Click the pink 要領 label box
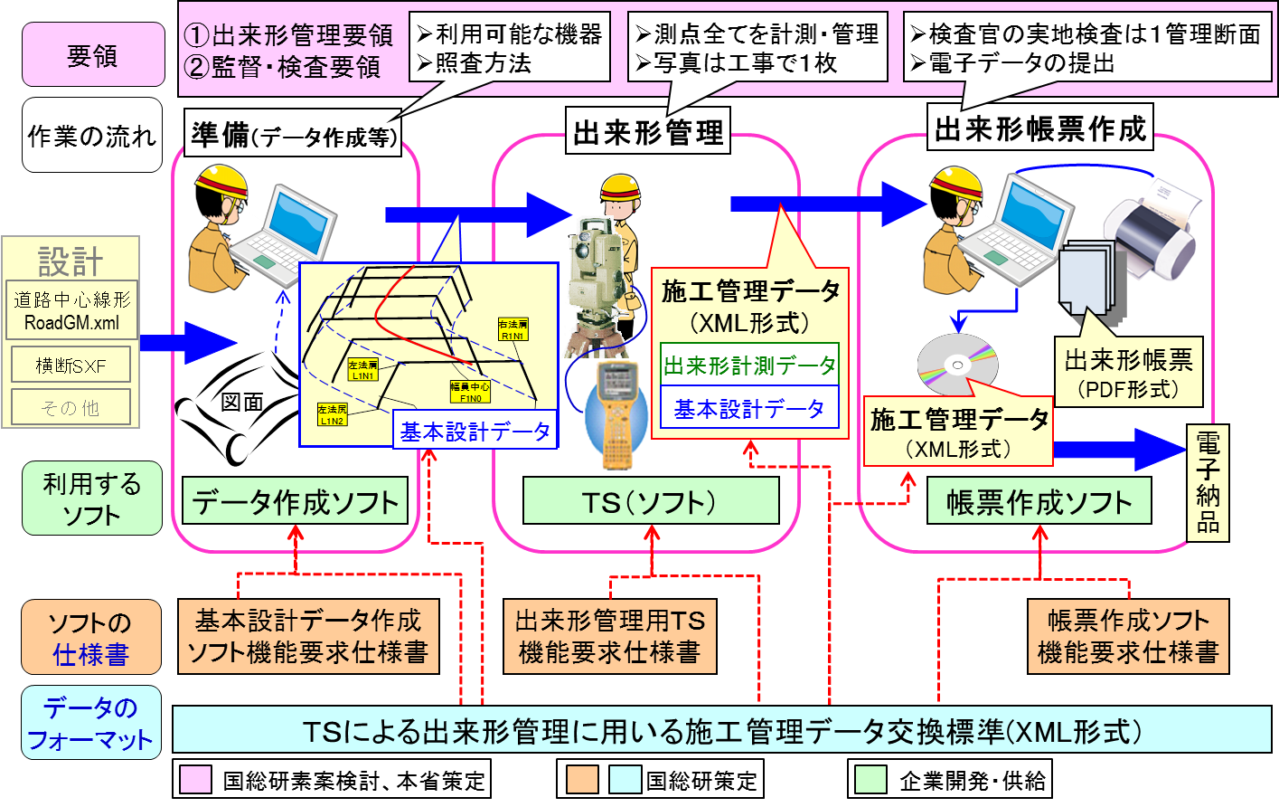(93, 55)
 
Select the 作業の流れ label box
(92, 136)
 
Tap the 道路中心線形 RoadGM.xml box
(71, 310)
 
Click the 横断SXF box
(71, 366)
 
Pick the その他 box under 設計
(71, 407)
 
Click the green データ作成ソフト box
(295, 501)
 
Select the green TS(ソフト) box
(650, 501)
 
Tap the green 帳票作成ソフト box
(1039, 501)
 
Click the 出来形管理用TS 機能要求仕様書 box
(609, 636)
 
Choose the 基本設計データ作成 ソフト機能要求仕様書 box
(308, 636)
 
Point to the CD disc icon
(957, 365)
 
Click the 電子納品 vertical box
(1208, 483)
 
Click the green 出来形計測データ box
(749, 366)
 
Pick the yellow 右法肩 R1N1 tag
(513, 329)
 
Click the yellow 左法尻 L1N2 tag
(332, 415)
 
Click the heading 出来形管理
(648, 133)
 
